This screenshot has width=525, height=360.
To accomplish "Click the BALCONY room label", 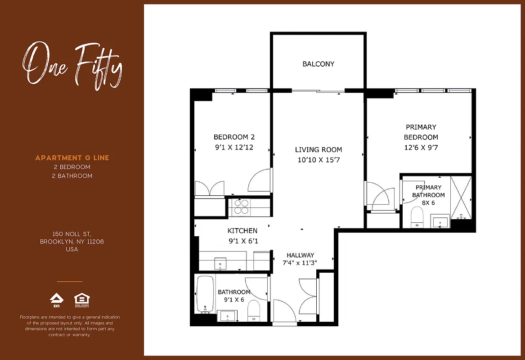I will click(x=318, y=64).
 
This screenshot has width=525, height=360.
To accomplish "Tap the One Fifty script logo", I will click(x=72, y=65).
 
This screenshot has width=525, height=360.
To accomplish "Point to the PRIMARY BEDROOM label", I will click(x=421, y=132).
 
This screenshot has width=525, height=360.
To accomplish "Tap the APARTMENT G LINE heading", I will click(x=72, y=158).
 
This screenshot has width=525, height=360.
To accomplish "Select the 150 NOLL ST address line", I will click(x=72, y=234).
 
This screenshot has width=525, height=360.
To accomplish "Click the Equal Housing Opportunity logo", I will click(x=81, y=299).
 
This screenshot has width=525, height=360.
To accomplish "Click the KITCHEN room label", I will click(x=242, y=231).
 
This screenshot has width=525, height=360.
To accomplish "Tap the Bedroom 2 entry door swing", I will click(x=260, y=180).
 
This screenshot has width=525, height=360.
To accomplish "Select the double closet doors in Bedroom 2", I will click(x=209, y=188).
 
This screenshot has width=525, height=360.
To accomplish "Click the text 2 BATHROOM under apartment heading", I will click(x=72, y=176).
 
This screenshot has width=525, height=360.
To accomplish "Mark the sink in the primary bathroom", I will click(x=440, y=222).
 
